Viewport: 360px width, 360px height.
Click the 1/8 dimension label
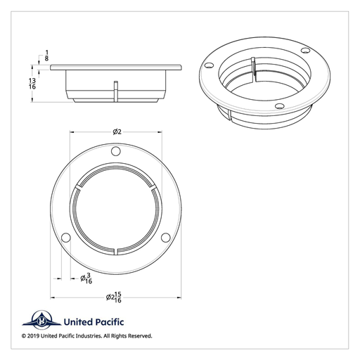[46, 56]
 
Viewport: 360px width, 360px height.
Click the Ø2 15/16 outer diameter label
[115, 298]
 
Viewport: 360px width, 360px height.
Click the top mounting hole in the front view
[116, 152]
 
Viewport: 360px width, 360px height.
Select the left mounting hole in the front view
[65, 238]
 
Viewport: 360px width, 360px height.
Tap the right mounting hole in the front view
[166, 238]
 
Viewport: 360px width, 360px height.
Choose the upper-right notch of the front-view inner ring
[153, 187]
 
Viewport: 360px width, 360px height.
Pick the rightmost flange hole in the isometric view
[304, 51]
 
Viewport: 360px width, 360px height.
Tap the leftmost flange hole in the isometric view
[209, 65]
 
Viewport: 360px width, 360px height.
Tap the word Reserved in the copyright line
[137, 336]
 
